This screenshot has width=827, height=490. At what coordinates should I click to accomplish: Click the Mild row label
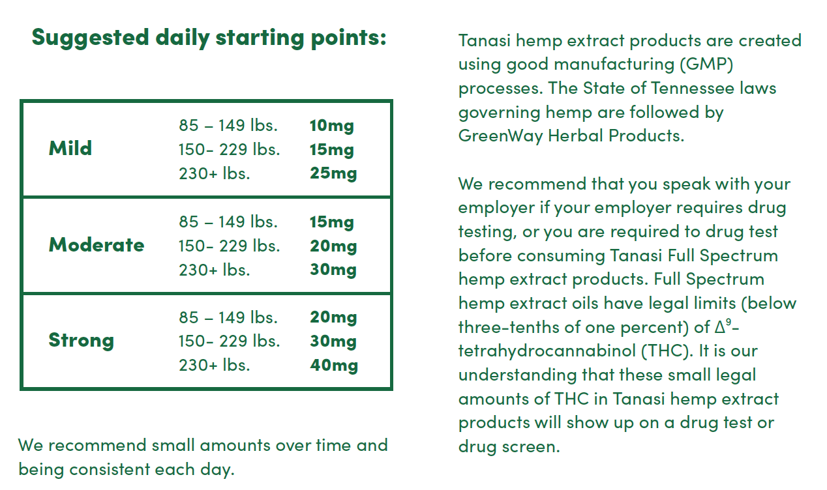click(x=70, y=149)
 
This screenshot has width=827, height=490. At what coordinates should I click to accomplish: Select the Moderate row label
click(x=97, y=244)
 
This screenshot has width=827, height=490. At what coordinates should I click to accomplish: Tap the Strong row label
click(x=82, y=340)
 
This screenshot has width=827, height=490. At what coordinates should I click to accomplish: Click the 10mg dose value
click(x=331, y=126)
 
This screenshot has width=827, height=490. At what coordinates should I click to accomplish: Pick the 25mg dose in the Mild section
click(x=333, y=173)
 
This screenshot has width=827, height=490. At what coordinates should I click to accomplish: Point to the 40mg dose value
click(x=334, y=366)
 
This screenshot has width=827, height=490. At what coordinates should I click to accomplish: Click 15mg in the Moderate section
click(x=331, y=222)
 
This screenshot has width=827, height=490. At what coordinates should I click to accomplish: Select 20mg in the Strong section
click(x=333, y=318)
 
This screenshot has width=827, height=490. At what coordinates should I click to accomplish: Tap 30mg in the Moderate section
click(x=333, y=270)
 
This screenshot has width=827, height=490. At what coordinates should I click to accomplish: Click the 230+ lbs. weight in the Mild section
click(x=215, y=173)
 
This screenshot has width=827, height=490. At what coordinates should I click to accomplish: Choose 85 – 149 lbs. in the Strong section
click(x=228, y=317)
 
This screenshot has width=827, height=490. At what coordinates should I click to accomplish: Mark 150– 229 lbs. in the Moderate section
click(x=230, y=246)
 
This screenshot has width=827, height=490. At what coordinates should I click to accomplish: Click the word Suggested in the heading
click(x=90, y=38)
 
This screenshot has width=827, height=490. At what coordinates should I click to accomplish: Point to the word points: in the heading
click(x=348, y=38)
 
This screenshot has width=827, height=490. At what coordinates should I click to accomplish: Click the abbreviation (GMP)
click(x=706, y=65)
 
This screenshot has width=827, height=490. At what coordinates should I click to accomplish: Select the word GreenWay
click(x=500, y=136)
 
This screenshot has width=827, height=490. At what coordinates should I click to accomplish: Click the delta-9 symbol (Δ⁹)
click(x=723, y=326)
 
